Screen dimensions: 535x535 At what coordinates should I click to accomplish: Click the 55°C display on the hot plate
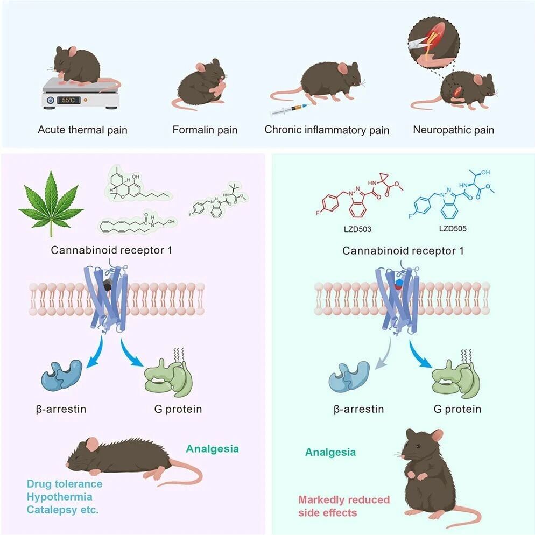[68, 100]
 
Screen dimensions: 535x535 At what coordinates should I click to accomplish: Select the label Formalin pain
[205, 130]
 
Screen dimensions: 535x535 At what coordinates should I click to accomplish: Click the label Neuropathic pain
[453, 130]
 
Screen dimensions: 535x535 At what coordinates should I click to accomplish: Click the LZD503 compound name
[357, 229]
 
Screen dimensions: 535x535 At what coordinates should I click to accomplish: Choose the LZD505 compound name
[453, 228]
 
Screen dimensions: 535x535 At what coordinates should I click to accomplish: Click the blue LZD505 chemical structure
[451, 194]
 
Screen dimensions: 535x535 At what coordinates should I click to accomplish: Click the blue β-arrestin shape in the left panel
[62, 375]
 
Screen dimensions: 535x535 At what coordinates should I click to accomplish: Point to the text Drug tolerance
[65, 484]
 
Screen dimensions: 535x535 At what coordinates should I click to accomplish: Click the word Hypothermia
[59, 497]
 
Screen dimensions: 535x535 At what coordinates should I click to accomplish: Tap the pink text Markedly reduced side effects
[344, 506]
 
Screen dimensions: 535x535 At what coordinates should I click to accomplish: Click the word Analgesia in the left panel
[212, 449]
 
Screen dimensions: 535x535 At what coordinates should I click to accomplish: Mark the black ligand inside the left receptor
[108, 285]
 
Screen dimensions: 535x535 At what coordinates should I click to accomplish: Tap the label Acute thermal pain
[82, 130]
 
